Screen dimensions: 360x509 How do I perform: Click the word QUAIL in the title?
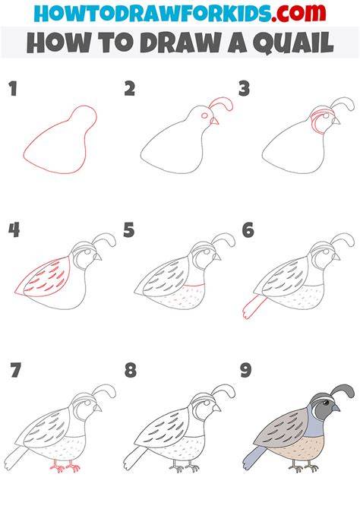tap(293, 43)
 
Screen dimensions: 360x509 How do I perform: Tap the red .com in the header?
tap(299, 14)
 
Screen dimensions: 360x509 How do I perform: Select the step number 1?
tap(13, 89)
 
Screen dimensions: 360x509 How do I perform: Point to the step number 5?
tap(128, 230)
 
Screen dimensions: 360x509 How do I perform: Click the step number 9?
tap(246, 371)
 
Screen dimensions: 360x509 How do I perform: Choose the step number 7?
tap(15, 370)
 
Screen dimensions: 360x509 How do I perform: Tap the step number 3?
tap(244, 89)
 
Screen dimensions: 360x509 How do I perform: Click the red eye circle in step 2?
tap(205, 115)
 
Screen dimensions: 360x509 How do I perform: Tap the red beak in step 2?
tap(214, 121)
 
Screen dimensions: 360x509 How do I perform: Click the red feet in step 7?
tap(65, 466)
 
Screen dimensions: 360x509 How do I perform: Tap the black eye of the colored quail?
tap(325, 403)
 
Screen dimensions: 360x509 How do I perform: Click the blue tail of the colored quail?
tap(254, 457)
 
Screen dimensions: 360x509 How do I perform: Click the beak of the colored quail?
tap(336, 407)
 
